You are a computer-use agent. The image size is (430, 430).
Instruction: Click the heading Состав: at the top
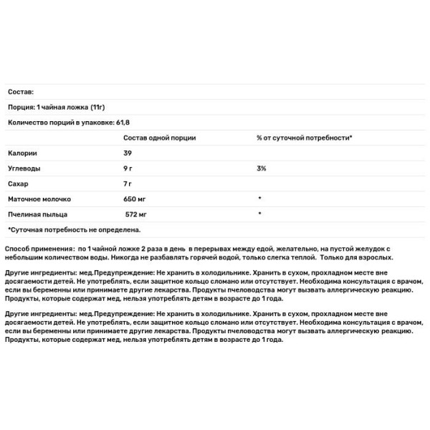(x=21, y=92)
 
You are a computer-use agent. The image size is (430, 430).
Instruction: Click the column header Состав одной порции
(x=159, y=138)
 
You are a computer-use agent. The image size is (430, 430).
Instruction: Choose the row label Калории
(x=22, y=153)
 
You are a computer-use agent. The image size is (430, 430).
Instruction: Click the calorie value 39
(x=128, y=153)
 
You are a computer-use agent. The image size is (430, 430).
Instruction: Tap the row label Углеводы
(x=24, y=168)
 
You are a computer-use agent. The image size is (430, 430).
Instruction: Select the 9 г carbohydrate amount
(x=129, y=168)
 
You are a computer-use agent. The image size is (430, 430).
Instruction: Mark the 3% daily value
(x=262, y=168)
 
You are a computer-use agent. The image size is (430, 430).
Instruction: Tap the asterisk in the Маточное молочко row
(x=259, y=199)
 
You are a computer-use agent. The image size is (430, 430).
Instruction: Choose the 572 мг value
(x=138, y=214)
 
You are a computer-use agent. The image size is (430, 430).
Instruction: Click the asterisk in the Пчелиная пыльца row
(x=259, y=214)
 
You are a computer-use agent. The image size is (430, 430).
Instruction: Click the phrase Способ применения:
(x=39, y=248)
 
